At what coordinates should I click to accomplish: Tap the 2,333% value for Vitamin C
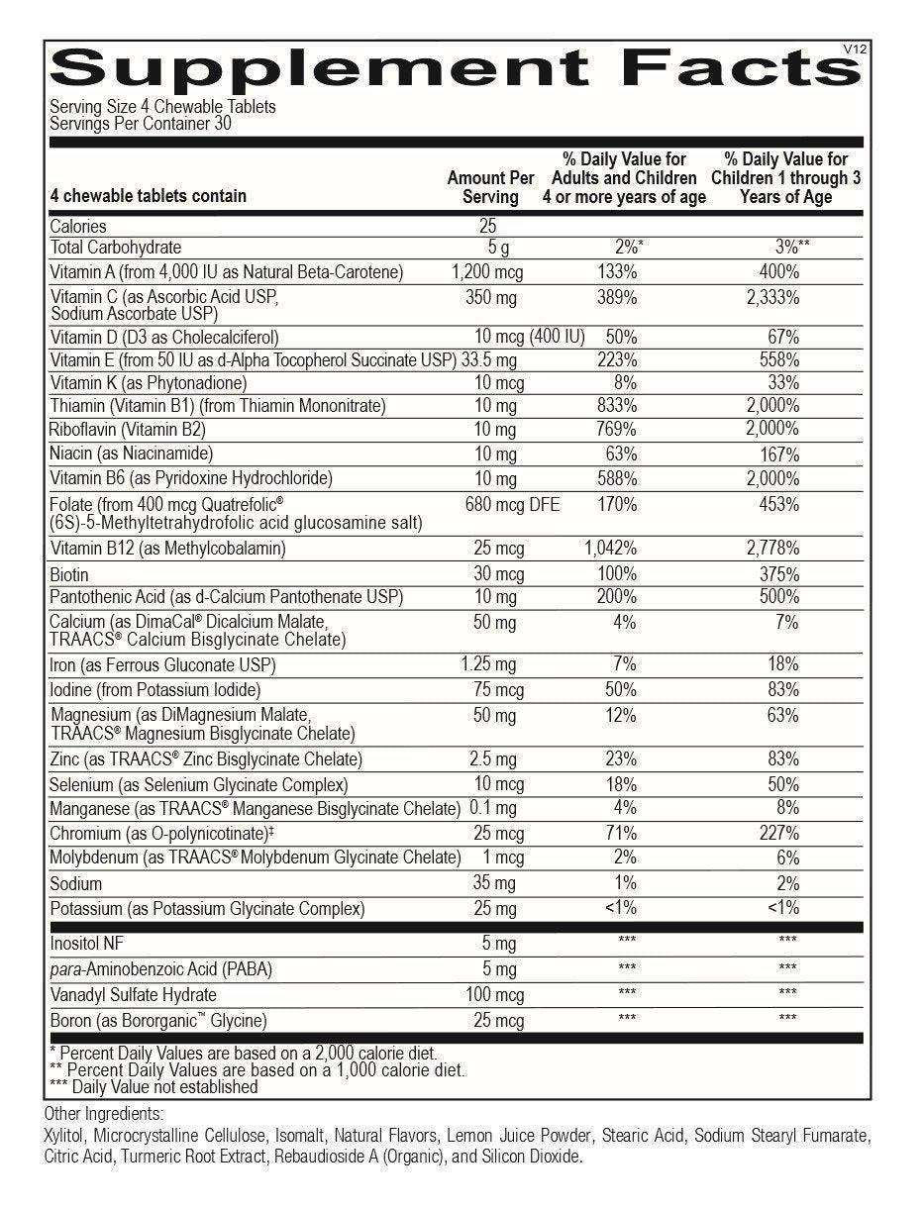coord(774,297)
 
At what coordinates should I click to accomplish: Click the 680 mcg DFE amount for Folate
coord(512,505)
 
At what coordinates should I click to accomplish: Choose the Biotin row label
coord(69,574)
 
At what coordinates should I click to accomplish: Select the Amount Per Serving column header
coord(490,187)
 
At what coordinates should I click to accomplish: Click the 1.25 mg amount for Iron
coord(488,664)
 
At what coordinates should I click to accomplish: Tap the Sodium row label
coord(76,883)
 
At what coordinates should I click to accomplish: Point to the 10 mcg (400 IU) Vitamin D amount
coord(529,337)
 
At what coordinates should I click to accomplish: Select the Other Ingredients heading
coord(103,1113)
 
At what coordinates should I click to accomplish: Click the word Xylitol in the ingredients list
coord(64,1135)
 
